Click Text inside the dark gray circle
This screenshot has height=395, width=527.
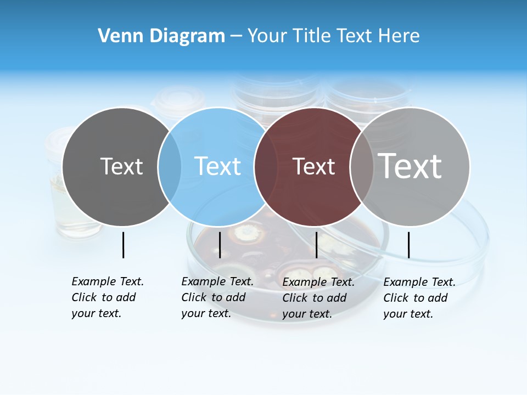[x=121, y=166]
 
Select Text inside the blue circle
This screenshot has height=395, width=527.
[x=217, y=166]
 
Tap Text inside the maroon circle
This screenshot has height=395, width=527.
[x=313, y=166]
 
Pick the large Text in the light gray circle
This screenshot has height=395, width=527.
[x=410, y=166]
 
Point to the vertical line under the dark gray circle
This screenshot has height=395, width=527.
[x=123, y=245]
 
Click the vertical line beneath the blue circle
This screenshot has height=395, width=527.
[x=220, y=245]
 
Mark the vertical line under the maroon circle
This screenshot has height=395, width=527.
[x=316, y=245]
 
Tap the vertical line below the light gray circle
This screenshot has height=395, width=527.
[x=408, y=245]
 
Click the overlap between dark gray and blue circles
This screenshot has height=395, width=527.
[x=170, y=167]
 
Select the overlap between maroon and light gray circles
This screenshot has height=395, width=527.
[x=362, y=167]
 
